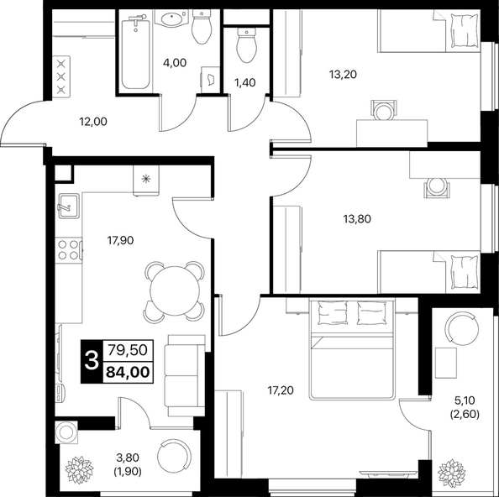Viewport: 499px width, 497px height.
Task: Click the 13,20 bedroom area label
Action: pyautogui.click(x=343, y=75)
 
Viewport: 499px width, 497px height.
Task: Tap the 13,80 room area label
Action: pyautogui.click(x=357, y=219)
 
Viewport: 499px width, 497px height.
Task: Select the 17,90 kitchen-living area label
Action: pyautogui.click(x=120, y=240)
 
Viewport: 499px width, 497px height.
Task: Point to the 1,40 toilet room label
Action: pyautogui.click(x=244, y=82)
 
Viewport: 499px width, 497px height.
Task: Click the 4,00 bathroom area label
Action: pyautogui.click(x=175, y=63)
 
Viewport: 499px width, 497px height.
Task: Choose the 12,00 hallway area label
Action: pyautogui.click(x=93, y=122)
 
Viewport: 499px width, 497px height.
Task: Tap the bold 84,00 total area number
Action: pyautogui.click(x=128, y=372)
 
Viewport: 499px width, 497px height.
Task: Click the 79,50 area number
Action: pyautogui.click(x=128, y=350)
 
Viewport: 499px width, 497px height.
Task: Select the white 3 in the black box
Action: pyautogui.click(x=92, y=362)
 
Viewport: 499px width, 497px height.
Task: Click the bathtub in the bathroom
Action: pyautogui.click(x=136, y=52)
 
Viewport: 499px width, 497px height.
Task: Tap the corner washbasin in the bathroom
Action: pyautogui.click(x=172, y=18)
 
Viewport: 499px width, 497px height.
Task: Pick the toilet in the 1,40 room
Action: pyautogui.click(x=246, y=45)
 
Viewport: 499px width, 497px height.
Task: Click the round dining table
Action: pyautogui.click(x=175, y=290)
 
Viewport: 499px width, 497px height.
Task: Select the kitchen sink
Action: pyautogui.click(x=68, y=206)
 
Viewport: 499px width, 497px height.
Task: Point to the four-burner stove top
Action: pyautogui.click(x=68, y=249)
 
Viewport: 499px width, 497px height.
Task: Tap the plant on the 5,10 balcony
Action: pyautogui.click(x=451, y=473)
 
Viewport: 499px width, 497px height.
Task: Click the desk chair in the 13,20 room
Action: pyautogui.click(x=384, y=110)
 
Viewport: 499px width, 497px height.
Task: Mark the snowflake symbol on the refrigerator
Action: pyautogui.click(x=146, y=179)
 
